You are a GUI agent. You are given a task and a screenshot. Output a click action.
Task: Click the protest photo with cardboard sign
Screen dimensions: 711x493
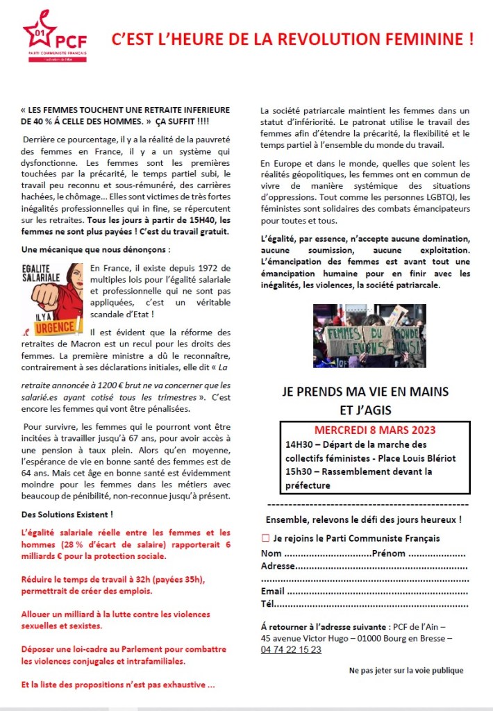coord(369,335)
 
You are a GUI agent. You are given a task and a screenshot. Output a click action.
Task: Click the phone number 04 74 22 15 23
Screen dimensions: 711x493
coord(291,649)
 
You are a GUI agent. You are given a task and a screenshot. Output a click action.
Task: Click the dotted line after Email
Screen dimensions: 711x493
coord(376,592)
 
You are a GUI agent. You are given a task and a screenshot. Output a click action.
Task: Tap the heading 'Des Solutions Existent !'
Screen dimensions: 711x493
coord(67,515)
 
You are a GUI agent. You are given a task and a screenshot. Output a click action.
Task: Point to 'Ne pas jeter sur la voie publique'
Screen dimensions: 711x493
coord(406,670)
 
